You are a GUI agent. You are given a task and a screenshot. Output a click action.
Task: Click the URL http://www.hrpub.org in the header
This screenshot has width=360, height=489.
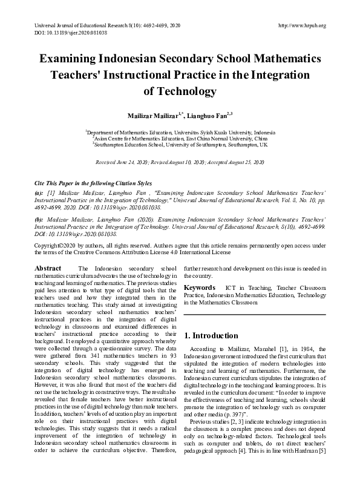click(301, 25)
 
